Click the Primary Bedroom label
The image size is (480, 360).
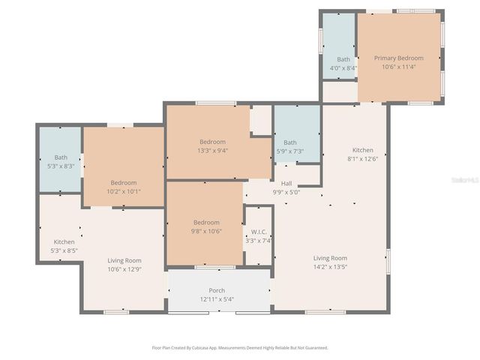pyautogui.click(x=399, y=58)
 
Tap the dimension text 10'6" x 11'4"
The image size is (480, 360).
pyautogui.click(x=399, y=67)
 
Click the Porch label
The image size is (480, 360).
pyautogui.click(x=217, y=290)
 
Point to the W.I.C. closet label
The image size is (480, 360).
pyautogui.click(x=259, y=232)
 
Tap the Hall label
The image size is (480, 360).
pyautogui.click(x=286, y=183)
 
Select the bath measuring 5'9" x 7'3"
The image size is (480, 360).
pyautogui.click(x=289, y=147)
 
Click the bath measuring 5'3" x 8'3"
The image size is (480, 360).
pyautogui.click(x=61, y=162)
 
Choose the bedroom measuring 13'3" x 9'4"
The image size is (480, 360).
pyautogui.click(x=212, y=145)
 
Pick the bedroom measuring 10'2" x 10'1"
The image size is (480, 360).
pyautogui.click(x=124, y=187)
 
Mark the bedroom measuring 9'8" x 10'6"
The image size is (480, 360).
pyautogui.click(x=206, y=226)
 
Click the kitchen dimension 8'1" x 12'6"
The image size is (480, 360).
pyautogui.click(x=363, y=158)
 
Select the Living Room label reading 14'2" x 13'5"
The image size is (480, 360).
pyautogui.click(x=330, y=262)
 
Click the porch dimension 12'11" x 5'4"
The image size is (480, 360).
pyautogui.click(x=217, y=299)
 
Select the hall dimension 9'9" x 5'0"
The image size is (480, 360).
pyautogui.click(x=286, y=192)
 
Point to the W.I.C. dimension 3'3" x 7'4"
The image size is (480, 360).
pyautogui.click(x=259, y=241)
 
